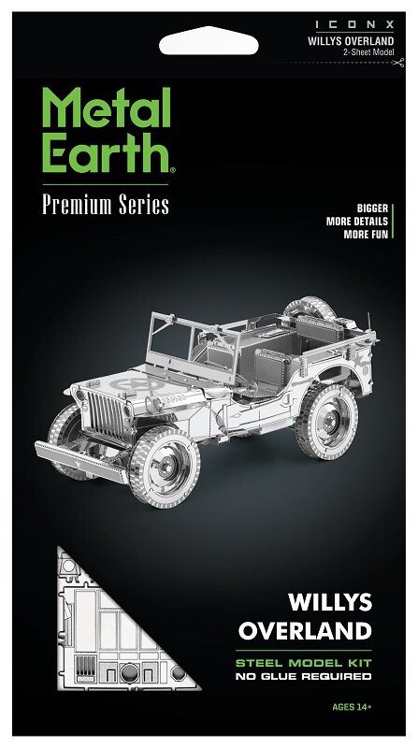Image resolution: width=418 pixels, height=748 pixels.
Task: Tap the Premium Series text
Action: coord(105,206)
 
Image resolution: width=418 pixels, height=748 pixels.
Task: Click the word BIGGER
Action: coord(373,208)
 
